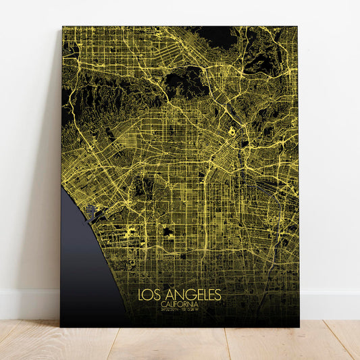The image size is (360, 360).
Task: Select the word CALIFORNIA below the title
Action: tap(179, 304)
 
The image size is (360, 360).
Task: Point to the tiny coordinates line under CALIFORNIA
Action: tap(179, 309)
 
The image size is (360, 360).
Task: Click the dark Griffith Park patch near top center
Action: tap(186, 81)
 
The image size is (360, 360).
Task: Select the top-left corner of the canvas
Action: tap(62, 27)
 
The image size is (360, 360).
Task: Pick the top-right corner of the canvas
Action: tap(297, 27)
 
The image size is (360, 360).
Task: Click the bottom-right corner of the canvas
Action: tap(299, 327)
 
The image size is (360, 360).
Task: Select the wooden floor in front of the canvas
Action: tap(180, 344)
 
